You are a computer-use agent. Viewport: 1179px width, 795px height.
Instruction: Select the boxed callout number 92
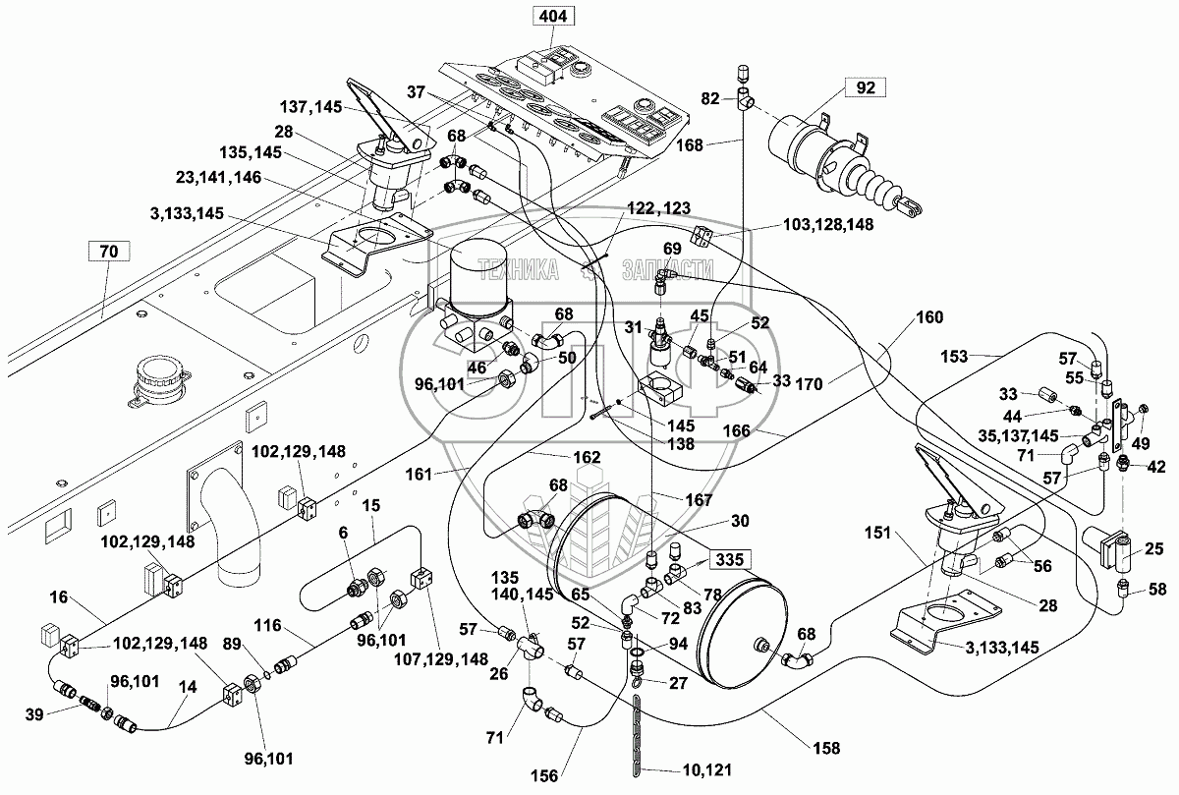pyautogui.click(x=865, y=87)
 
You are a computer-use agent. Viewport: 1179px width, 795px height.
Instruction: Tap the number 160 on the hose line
pyautogui.click(x=929, y=317)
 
